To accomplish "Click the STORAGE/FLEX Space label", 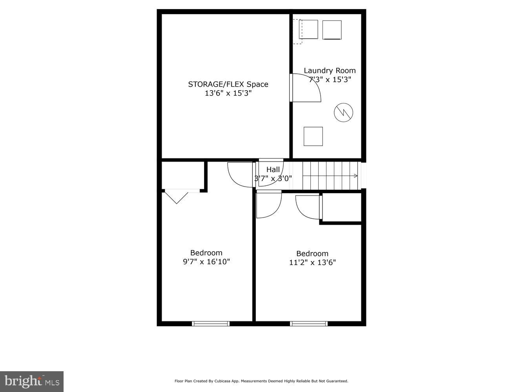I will point(228,84).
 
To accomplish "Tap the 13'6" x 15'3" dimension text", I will point(228,93).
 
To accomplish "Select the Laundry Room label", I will point(330,71).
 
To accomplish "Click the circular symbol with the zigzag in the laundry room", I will point(343,113).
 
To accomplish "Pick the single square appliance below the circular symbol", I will point(313,136).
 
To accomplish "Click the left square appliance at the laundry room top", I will point(308,29).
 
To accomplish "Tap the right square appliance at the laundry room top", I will point(332,30).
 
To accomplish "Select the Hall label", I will point(273,169).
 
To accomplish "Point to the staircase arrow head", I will point(356,176).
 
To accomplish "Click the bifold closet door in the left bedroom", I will point(177,196).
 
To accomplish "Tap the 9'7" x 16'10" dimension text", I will point(206,262).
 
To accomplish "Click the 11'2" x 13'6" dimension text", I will point(312,263).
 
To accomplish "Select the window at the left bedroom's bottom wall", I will point(211,323).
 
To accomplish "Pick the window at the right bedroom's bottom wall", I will point(309,323).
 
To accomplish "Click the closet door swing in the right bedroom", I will point(308,207).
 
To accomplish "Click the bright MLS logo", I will point(31,381).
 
